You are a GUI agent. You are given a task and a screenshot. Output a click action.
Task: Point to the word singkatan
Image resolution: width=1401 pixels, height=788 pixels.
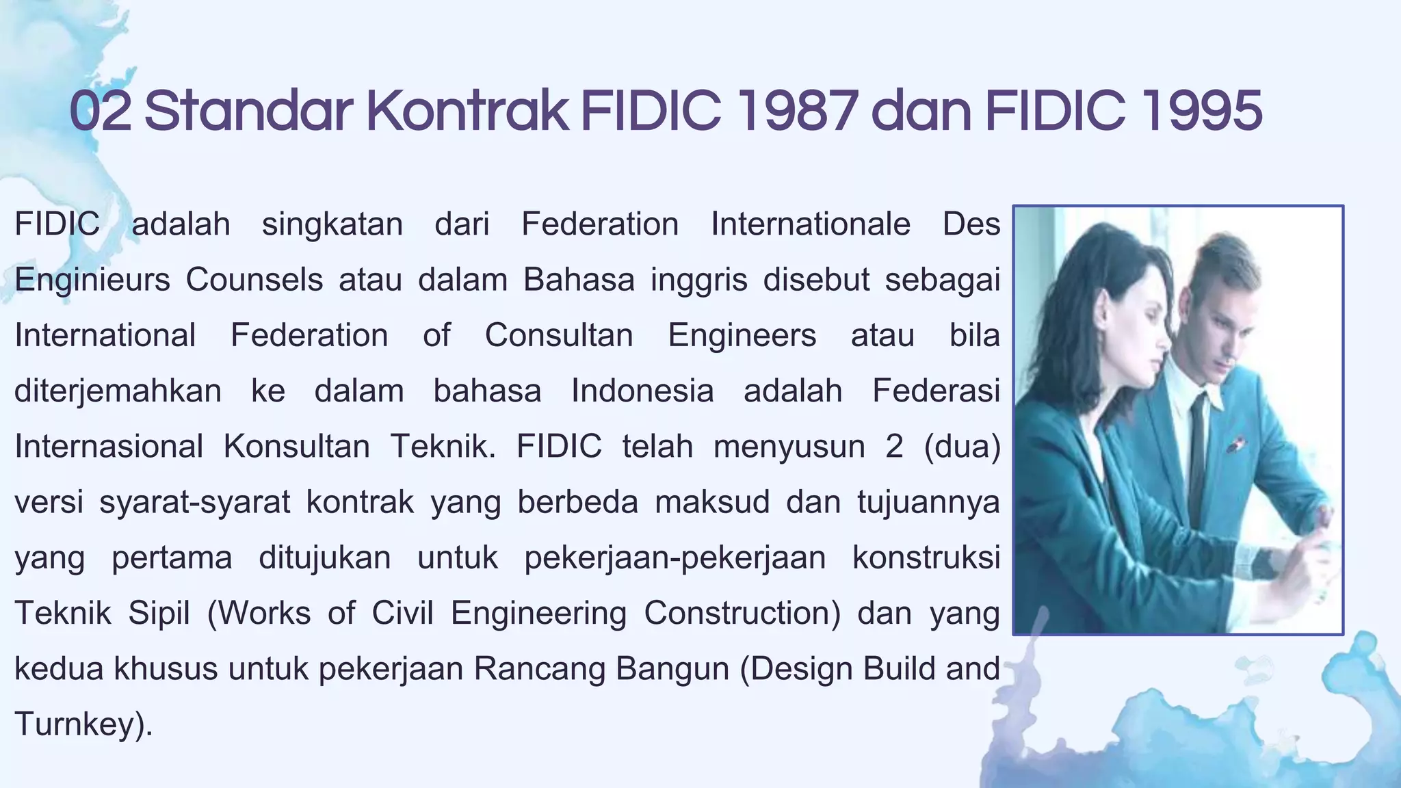point(332,224)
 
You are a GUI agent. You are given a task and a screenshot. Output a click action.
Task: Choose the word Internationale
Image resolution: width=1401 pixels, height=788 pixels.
point(811,224)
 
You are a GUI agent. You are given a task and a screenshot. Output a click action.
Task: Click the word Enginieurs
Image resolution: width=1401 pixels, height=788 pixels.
point(92,280)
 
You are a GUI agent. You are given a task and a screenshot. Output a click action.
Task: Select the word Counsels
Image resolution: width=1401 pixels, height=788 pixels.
point(254,280)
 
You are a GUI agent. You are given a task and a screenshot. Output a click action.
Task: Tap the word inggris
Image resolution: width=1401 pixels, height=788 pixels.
point(699,280)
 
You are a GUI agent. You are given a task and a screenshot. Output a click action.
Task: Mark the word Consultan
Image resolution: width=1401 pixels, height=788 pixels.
point(559,336)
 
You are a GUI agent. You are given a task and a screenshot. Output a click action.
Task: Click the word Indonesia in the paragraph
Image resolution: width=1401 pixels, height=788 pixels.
point(642,391)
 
